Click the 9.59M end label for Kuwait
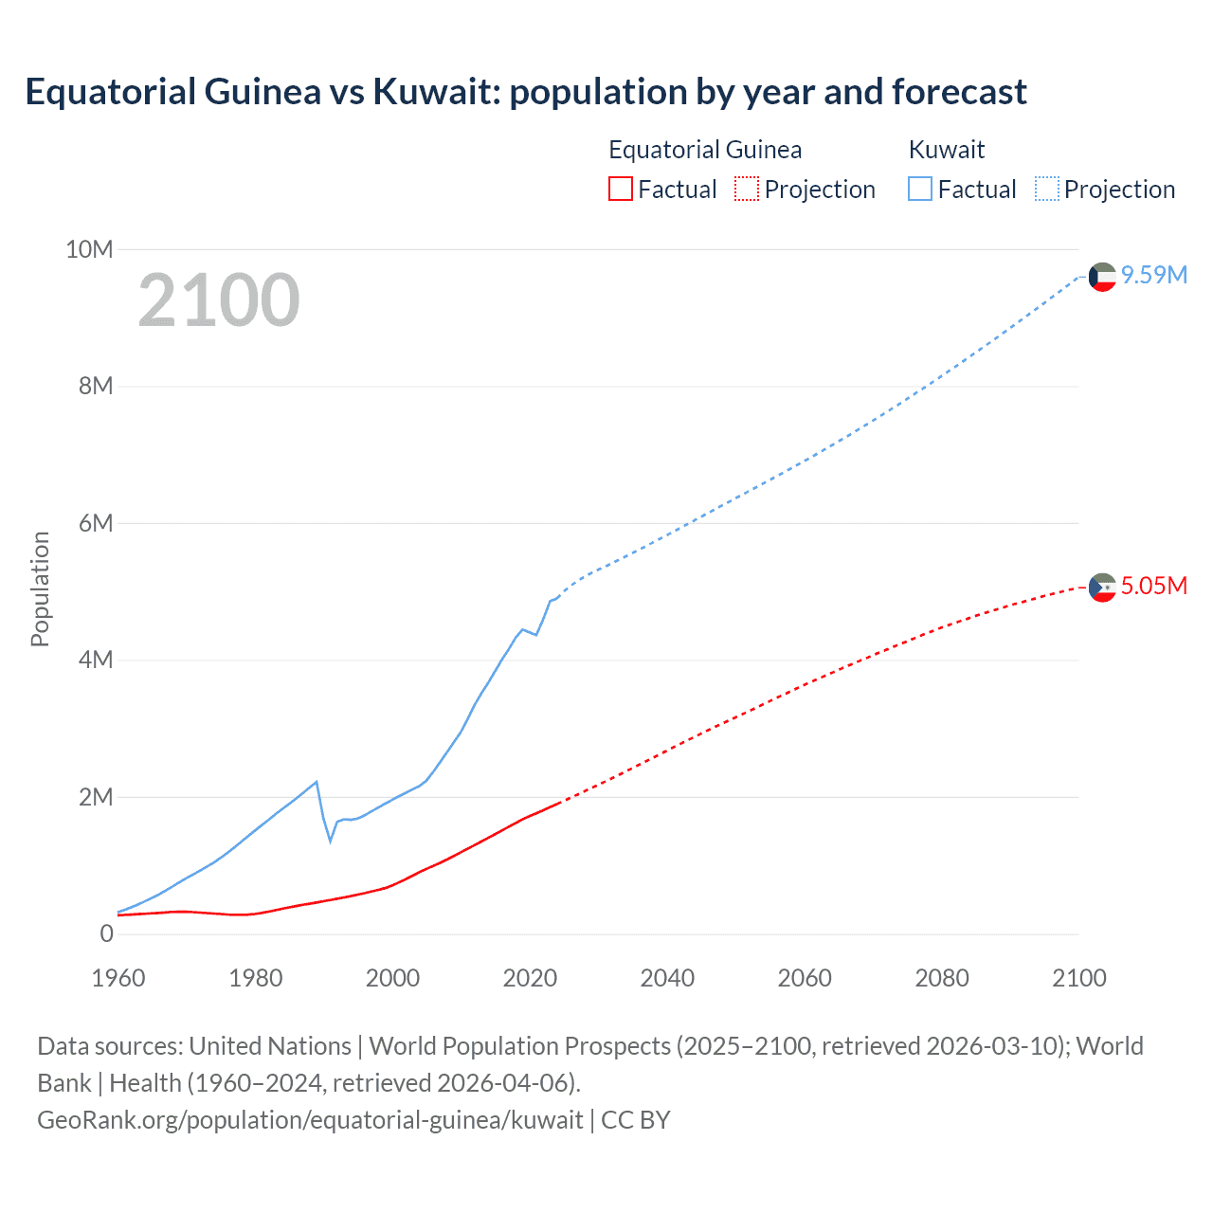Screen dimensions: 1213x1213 coord(1153,275)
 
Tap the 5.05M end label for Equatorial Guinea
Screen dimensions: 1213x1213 coord(1153,586)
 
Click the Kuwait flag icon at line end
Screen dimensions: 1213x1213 coord(1102,277)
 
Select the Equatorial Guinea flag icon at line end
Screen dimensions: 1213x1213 coord(1102,588)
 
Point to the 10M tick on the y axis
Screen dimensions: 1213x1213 coord(89,249)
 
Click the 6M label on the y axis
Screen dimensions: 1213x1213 coord(96,523)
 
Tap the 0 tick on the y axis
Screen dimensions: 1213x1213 coord(106,933)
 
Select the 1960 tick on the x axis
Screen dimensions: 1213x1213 coord(118,978)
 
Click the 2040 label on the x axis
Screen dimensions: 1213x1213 coord(667,978)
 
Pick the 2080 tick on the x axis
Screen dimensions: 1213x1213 coord(942,978)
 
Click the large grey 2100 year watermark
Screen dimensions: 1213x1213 coord(219,300)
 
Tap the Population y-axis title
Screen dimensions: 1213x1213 coord(40,588)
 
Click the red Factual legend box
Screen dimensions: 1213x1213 coord(620,189)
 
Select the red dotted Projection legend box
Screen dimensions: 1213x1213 coord(747,189)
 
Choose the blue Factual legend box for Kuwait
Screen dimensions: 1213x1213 coord(920,189)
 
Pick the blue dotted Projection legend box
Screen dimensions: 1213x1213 coord(1046,189)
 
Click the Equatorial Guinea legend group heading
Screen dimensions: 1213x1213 coord(705,150)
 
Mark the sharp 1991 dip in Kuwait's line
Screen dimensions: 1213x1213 coord(331,840)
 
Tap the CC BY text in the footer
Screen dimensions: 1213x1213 coord(636,1120)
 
